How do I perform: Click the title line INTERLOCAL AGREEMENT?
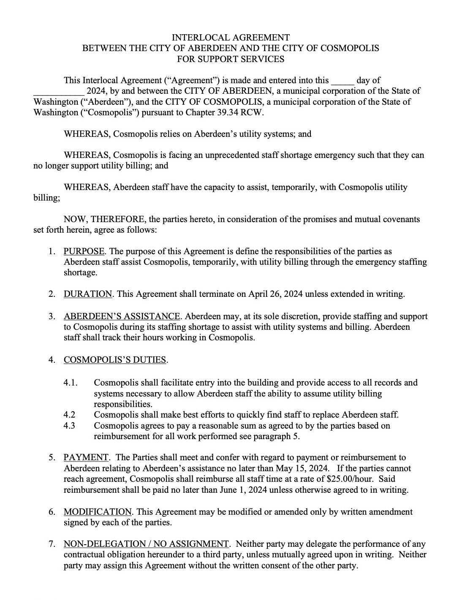coord(231,38)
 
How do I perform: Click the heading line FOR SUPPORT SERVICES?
coord(231,59)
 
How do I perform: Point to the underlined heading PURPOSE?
coord(84,251)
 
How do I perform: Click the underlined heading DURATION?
coord(88,294)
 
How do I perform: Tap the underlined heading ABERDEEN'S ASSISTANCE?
coord(122,316)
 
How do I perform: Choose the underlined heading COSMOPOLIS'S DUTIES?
coord(115,360)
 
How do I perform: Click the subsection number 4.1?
coord(71,383)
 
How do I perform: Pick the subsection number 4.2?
coord(70,415)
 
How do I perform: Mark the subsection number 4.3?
coord(70,425)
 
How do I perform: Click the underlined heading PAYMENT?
coord(86,457)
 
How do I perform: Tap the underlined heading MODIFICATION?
coord(98,512)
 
